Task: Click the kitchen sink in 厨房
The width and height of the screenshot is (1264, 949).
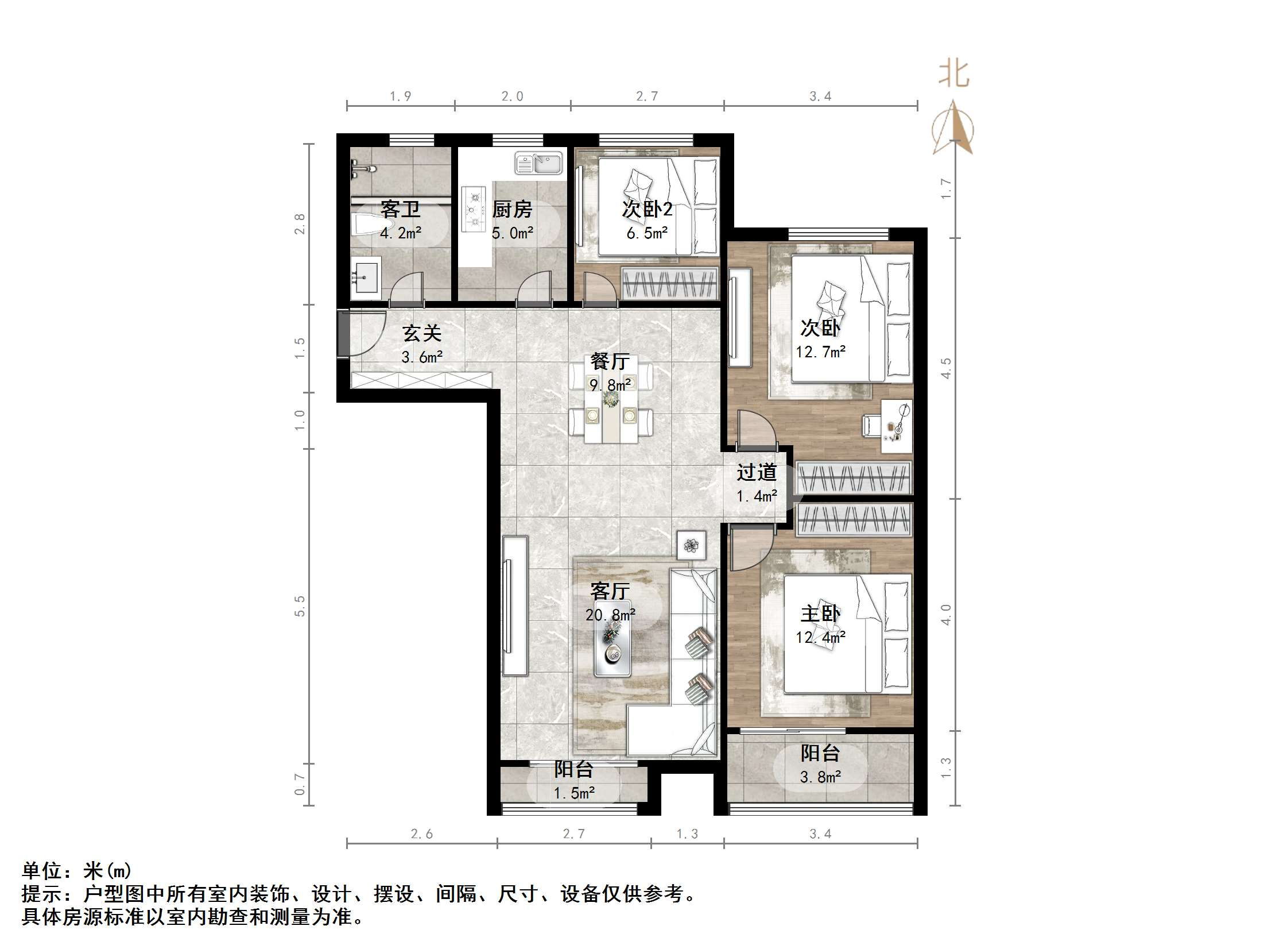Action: coord(538,163)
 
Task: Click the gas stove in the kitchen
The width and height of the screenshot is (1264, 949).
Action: coord(474,207)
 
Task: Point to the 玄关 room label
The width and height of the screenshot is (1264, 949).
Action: coord(422,333)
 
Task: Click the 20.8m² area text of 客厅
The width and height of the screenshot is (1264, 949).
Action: coord(610,615)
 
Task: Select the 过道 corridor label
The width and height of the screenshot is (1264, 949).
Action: coord(757,473)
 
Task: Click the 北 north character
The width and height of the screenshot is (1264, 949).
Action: coord(954,75)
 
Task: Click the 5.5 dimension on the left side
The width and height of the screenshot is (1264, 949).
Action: coord(300,606)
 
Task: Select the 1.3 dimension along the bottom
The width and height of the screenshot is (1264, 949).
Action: coord(687,834)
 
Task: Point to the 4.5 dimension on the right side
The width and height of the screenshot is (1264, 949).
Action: coord(946,368)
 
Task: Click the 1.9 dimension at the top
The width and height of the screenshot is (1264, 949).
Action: coord(400,97)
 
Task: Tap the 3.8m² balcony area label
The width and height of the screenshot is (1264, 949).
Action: coord(820,777)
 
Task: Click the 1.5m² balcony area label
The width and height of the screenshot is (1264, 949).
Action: coord(574,793)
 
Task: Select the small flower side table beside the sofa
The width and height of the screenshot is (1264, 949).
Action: coord(692,545)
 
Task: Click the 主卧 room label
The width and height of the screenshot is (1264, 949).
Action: coord(820,614)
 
